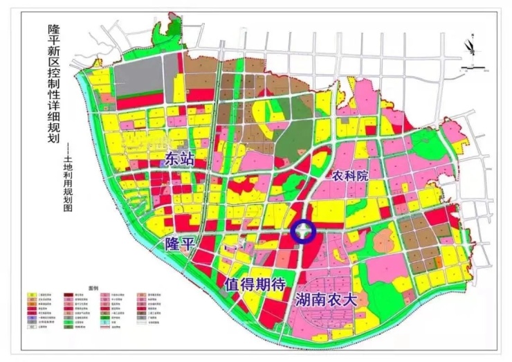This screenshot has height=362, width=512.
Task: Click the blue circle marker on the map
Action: (303, 232)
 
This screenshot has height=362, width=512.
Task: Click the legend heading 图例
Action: (95, 287)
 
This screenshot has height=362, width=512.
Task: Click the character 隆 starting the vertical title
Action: (53, 29)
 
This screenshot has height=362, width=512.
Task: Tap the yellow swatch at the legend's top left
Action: (32, 295)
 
